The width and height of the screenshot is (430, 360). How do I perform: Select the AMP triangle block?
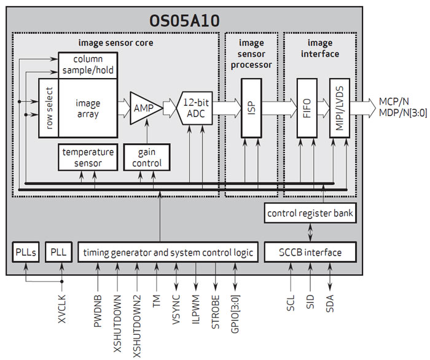(144, 108)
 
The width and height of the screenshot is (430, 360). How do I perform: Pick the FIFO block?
(307, 108)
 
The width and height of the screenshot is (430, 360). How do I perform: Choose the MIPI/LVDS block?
(338, 108)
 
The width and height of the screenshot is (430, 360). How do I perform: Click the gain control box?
(147, 157)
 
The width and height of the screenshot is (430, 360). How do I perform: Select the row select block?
(49, 108)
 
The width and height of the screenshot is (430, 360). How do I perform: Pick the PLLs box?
(26, 252)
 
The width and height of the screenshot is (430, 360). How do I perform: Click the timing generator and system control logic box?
(168, 252)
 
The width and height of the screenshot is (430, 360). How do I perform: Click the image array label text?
(87, 108)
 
